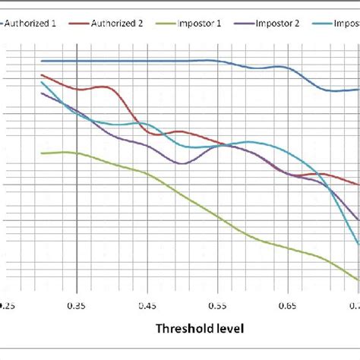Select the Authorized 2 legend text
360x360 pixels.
point(117,24)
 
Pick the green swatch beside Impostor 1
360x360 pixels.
point(166,24)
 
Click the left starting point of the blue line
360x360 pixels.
point(42,61)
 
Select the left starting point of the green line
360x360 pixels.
point(42,153)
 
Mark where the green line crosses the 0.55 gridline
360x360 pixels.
point(218,216)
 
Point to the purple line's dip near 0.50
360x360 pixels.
point(181,163)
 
